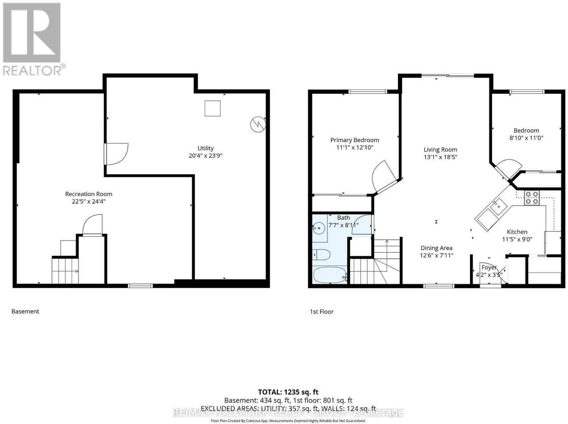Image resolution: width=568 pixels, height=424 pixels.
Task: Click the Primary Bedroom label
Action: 355,140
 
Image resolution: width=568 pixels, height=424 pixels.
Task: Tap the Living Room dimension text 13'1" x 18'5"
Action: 441,157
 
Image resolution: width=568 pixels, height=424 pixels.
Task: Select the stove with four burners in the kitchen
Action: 531,198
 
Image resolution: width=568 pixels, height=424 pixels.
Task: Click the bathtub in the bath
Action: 329,274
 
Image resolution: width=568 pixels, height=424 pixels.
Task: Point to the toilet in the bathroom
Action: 321,255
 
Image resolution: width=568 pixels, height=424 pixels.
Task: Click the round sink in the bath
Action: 319,228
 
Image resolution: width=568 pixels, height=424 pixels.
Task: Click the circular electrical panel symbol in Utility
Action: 258,124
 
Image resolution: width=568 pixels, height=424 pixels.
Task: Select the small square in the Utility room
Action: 212,108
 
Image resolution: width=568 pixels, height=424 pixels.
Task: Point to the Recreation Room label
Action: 89,194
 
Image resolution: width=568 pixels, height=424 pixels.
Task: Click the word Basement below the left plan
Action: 25,311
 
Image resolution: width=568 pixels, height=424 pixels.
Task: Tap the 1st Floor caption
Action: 322,312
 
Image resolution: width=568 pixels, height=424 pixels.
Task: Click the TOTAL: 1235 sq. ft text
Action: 288,392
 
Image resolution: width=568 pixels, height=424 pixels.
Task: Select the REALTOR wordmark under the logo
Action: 33,70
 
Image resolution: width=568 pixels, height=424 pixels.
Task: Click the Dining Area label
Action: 437,248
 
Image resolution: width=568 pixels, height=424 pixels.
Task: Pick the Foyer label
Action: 489,267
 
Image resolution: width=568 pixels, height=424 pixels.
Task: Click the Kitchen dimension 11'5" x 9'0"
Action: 517,239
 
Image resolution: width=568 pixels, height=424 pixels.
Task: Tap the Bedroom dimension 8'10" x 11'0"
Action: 526,138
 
